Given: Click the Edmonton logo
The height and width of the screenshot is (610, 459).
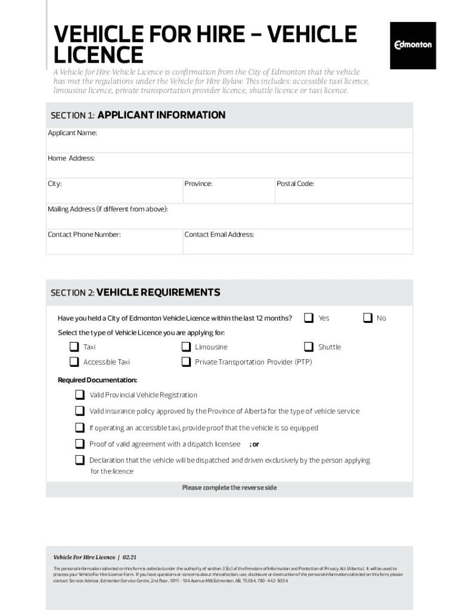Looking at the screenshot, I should (x=413, y=45).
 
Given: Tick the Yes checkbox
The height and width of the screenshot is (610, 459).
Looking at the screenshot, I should (x=309, y=318).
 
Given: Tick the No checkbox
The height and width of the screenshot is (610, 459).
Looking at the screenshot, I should (x=368, y=318).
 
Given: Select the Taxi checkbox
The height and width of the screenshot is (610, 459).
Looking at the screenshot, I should (x=74, y=347).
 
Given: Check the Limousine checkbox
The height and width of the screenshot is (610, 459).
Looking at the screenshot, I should (x=186, y=347).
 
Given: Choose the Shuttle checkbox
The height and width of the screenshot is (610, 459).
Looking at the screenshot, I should (x=309, y=347).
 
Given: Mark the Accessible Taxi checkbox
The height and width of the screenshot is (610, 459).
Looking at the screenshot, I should (x=74, y=362).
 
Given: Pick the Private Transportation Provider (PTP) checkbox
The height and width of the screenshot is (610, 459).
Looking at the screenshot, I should (x=186, y=362).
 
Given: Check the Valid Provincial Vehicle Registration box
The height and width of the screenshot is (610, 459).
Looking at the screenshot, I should (x=80, y=395).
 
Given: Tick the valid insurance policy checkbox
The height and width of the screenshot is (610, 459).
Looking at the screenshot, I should (x=80, y=411).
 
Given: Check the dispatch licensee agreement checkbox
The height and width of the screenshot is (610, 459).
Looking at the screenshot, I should (x=80, y=444).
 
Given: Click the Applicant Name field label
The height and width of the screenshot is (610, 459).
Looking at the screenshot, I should (x=72, y=133).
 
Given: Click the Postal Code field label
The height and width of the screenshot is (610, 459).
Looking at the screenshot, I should (x=295, y=183).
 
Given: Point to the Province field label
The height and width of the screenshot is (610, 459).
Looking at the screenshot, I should (x=198, y=183).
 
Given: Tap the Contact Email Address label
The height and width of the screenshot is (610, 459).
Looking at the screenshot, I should (x=219, y=235).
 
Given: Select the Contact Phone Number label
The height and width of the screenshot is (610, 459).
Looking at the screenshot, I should (x=84, y=235).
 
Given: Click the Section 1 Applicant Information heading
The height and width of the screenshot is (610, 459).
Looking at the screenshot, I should (x=138, y=115).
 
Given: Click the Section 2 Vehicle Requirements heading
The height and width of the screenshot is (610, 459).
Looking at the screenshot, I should (x=135, y=292).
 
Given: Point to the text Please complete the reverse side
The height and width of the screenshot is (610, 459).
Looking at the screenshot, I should (x=229, y=487).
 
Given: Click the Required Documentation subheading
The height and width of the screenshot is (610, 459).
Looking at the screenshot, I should (x=97, y=380).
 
